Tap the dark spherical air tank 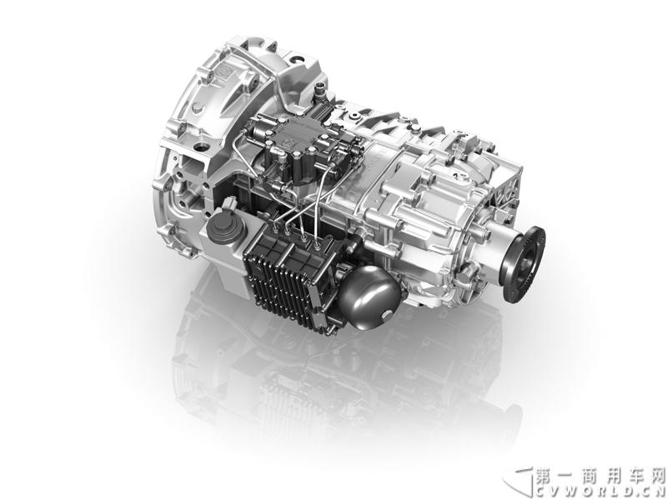[x=369, y=297]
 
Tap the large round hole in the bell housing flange [x=200, y=147]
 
